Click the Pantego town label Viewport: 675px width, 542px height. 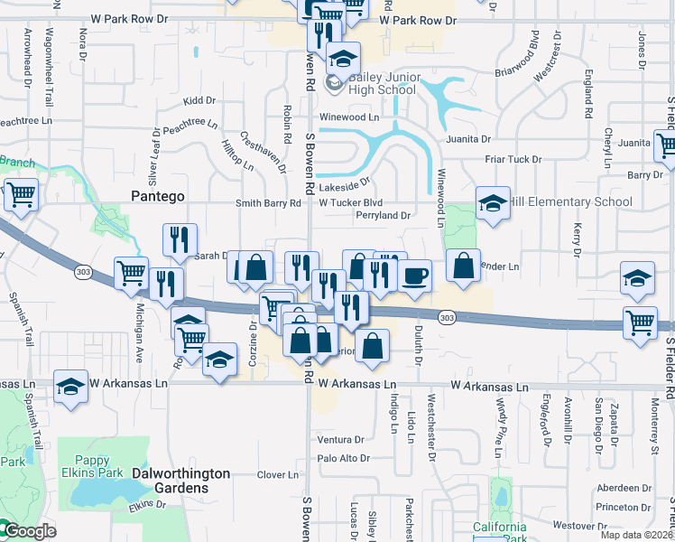(x=158, y=195)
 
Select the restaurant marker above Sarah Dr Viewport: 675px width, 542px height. (x=180, y=240)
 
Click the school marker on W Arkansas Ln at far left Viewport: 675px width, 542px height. (x=70, y=387)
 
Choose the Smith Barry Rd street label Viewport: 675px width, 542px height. (x=268, y=203)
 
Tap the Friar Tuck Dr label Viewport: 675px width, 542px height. (x=512, y=159)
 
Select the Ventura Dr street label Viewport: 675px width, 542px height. (x=340, y=440)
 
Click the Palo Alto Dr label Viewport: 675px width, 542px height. (x=343, y=458)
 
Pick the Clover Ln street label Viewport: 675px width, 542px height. (x=277, y=475)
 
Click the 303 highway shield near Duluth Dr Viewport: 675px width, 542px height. (x=447, y=317)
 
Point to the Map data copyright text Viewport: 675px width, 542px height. (x=636, y=535)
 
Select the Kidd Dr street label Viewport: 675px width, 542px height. (x=199, y=101)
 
